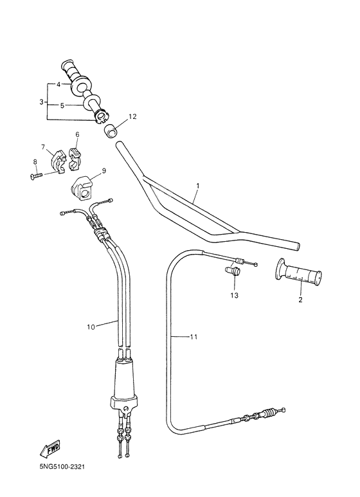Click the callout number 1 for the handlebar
(x=198, y=186)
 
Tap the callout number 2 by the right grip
(x=300, y=299)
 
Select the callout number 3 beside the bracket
(x=41, y=102)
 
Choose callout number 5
(x=62, y=105)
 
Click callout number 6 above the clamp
(x=76, y=135)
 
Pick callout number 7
(x=43, y=147)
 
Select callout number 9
(x=104, y=171)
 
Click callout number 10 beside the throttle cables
(x=91, y=327)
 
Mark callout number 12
(x=132, y=116)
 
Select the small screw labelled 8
(x=35, y=174)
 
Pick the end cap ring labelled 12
(x=113, y=132)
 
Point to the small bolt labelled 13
(x=233, y=272)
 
